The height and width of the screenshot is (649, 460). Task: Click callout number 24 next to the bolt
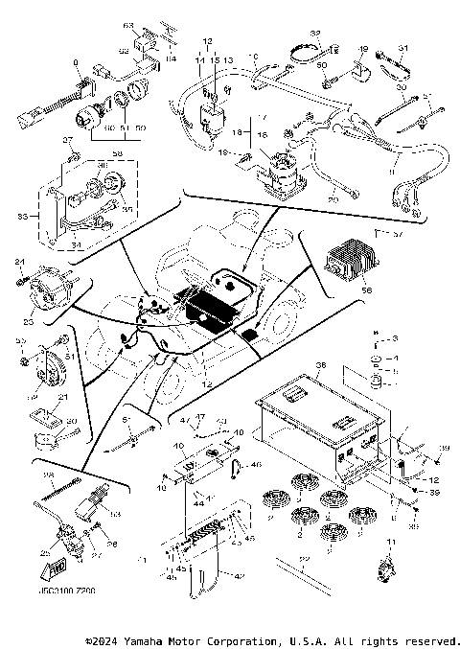pos(19,262)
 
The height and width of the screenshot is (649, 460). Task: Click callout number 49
pos(363,48)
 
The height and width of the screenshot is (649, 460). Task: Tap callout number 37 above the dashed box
pos(68,141)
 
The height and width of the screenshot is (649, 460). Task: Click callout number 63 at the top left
pos(126,23)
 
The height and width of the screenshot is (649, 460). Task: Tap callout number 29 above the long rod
pos(305,558)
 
